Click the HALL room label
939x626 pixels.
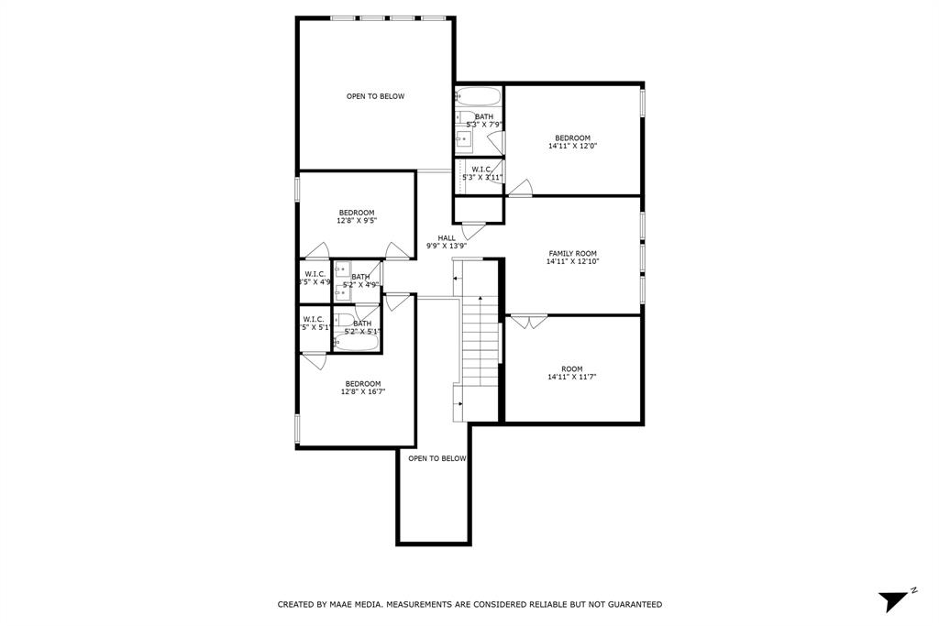point(447,238)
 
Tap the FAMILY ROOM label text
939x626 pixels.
point(572,254)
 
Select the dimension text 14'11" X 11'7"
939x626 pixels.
point(572,377)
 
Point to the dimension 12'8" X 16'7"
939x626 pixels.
point(362,391)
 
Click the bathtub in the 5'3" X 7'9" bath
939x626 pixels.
point(478,96)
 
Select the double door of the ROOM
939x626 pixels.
point(528,321)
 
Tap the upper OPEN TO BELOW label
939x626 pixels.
point(375,96)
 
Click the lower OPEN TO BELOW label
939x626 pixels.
point(436,458)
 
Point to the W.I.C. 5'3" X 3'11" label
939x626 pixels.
point(483,173)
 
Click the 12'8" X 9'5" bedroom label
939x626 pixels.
point(357,216)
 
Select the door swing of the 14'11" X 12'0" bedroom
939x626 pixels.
point(520,190)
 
